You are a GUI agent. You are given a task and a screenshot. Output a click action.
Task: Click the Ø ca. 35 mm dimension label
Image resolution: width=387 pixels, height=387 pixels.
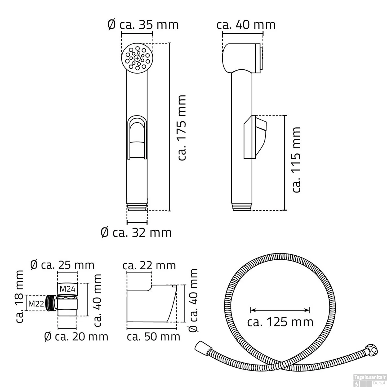pyautogui.click(x=143, y=25)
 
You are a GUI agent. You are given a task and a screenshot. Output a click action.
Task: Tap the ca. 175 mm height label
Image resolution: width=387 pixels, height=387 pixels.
pyautogui.click(x=182, y=128)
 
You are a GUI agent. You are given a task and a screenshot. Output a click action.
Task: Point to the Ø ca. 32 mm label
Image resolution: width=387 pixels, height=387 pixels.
pyautogui.click(x=136, y=233)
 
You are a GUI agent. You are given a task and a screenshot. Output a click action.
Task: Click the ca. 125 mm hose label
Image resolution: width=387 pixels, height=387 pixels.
pyautogui.click(x=280, y=322)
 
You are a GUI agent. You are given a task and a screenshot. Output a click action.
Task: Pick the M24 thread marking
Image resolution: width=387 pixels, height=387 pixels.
pyautogui.click(x=68, y=289)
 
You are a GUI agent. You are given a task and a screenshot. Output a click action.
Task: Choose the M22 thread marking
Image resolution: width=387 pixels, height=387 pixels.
pyautogui.click(x=36, y=303)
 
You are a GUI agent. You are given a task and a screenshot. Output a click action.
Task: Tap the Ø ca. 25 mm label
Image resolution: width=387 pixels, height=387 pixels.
pyautogui.click(x=62, y=265)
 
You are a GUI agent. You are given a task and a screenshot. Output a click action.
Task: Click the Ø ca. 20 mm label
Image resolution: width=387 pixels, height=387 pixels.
pyautogui.click(x=76, y=336)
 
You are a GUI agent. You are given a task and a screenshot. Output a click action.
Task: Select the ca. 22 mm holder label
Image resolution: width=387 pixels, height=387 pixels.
pyautogui.click(x=149, y=265)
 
